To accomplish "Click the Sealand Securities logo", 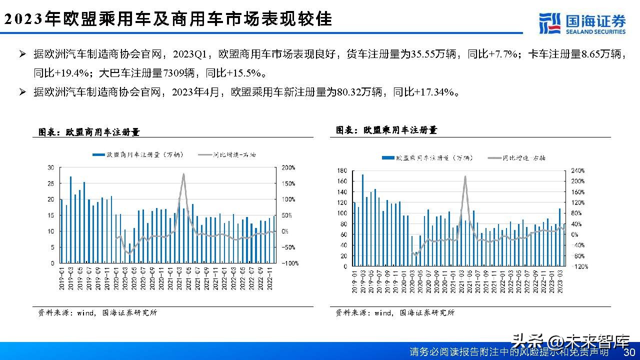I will coord(582,23).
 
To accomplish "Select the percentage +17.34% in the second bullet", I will coord(434,92).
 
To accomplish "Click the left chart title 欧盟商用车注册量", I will coord(89,132).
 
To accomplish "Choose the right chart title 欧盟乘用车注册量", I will coord(386,130).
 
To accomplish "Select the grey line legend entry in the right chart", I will coord(518,157).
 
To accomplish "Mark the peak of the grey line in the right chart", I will coord(465,176).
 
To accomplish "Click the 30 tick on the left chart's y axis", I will coord(50,167).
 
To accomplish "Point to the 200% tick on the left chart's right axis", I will coord(290,167).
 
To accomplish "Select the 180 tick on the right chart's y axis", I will coord(342,170).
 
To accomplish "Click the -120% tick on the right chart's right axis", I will coord(579,266).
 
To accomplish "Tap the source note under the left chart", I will coord(97,313).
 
